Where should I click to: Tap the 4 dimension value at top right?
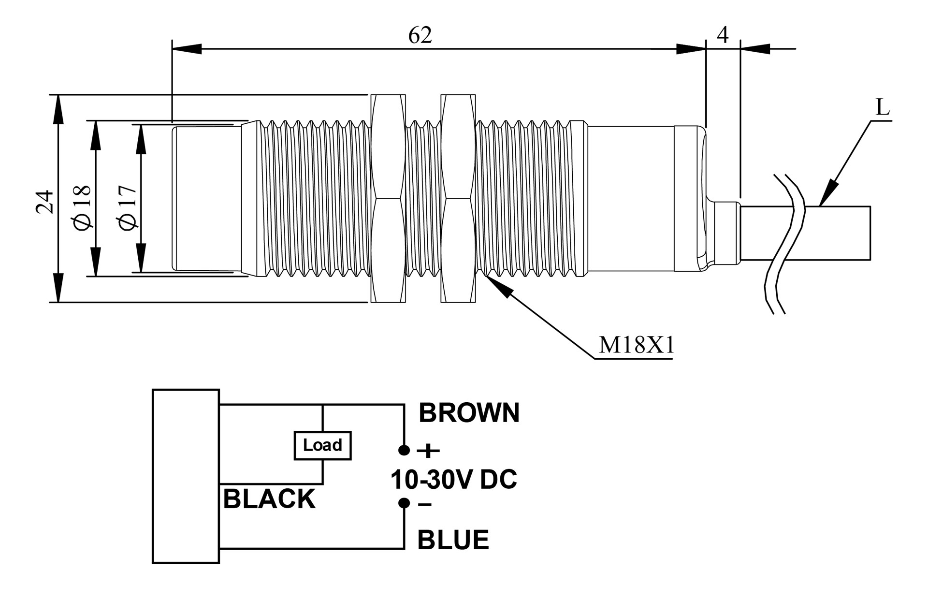(723, 35)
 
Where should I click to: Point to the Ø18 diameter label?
(83, 206)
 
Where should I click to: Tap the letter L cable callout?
(883, 108)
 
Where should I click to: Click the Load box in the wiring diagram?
(322, 445)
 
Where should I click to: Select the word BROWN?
(469, 413)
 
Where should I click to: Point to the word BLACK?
(269, 499)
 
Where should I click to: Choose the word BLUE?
(453, 540)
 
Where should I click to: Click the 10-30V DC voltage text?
(453, 480)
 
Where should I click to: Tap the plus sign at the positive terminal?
(428, 451)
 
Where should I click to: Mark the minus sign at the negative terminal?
(425, 505)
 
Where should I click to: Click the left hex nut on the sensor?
(388, 199)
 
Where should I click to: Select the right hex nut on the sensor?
(458, 199)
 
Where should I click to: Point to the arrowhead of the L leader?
(828, 193)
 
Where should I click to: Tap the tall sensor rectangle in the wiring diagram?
(186, 476)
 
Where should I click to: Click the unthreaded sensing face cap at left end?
(207, 198)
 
